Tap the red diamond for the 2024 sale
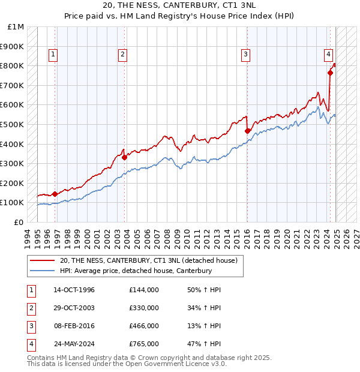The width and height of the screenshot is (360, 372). (x=330, y=73)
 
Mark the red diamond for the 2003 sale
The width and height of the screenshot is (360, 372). (x=124, y=157)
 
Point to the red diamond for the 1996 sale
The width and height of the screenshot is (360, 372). (x=55, y=194)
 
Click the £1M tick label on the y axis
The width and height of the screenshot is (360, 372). (x=16, y=27)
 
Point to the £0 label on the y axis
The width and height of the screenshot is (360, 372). (x=19, y=222)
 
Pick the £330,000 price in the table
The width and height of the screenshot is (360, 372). (x=144, y=308)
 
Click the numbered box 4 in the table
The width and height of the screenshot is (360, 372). (x=30, y=344)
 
